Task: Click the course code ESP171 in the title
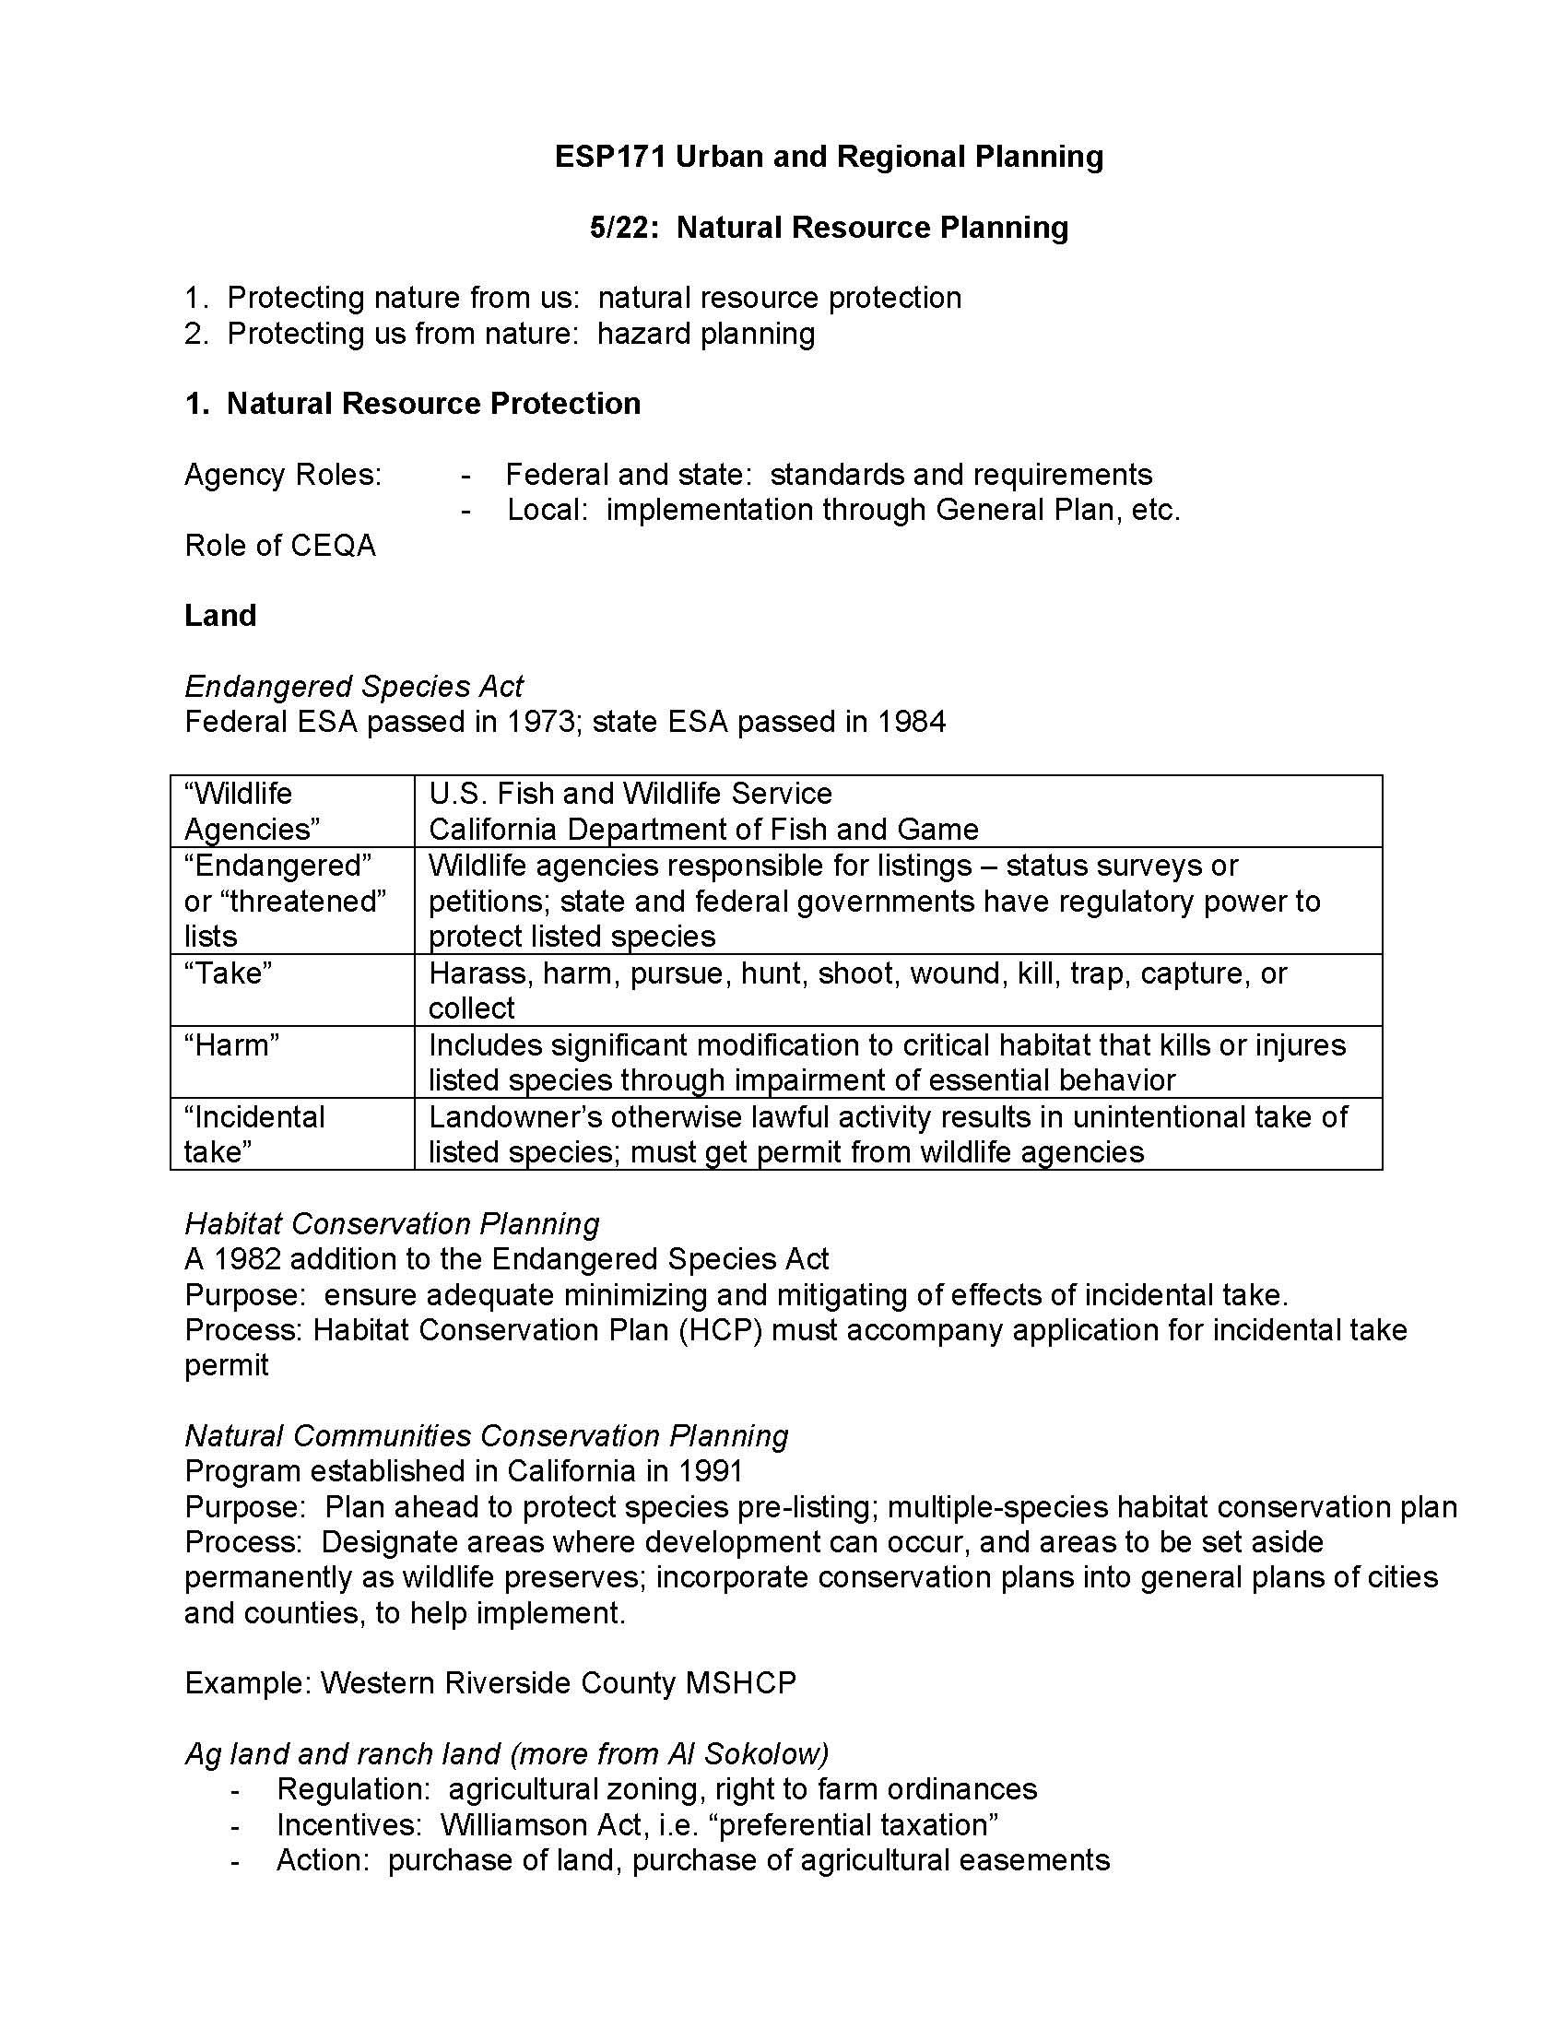point(610,156)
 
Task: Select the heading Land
point(220,616)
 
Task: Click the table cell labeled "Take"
point(229,973)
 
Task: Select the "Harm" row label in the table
point(231,1044)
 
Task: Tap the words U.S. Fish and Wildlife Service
point(630,794)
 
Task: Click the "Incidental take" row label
point(253,1134)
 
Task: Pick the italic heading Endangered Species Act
point(354,686)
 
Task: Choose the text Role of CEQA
point(279,545)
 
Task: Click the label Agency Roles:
point(283,475)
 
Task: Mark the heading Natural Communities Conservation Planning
point(487,1435)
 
